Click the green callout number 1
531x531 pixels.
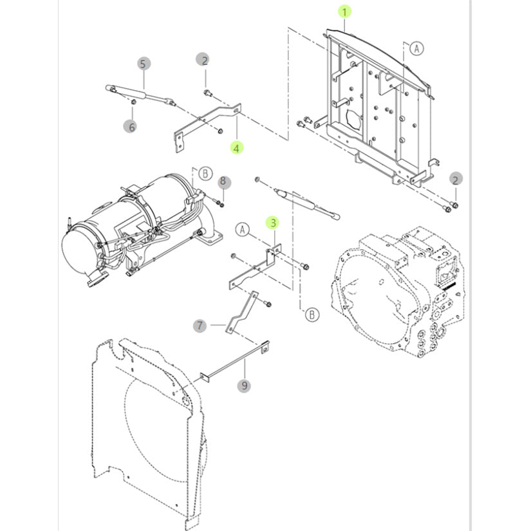(345, 12)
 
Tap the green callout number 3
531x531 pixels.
(274, 223)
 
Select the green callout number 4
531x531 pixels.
(237, 148)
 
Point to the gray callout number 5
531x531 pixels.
(144, 63)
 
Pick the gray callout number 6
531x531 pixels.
(131, 127)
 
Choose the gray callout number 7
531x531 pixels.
(200, 326)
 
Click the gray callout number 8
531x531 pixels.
(223, 182)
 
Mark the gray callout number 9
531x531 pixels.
(245, 386)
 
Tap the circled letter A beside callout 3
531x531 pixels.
(243, 229)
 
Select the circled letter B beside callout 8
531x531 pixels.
(204, 174)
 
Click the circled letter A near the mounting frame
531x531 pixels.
(416, 48)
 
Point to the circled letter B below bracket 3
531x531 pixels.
(312, 314)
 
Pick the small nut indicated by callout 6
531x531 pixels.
(133, 103)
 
